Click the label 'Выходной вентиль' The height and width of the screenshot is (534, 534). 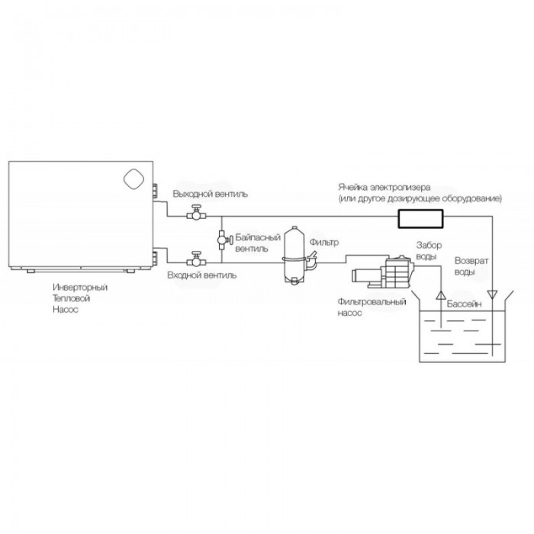(209, 195)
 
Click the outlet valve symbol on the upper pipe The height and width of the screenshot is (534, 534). (197, 214)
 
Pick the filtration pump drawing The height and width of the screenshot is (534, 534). (381, 272)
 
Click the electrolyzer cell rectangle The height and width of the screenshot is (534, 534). (422, 220)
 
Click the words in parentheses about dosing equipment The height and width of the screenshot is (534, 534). (421, 199)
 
